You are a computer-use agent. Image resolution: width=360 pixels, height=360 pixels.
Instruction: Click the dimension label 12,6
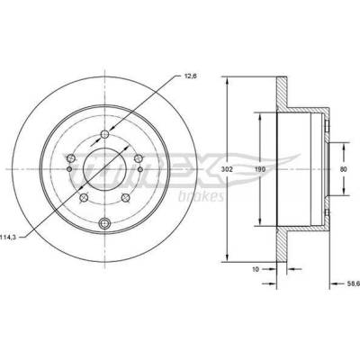pyautogui.click(x=189, y=76)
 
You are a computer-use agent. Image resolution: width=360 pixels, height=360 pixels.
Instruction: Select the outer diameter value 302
pyautogui.click(x=227, y=169)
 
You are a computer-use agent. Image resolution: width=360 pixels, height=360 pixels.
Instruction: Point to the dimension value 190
pyautogui.click(x=260, y=169)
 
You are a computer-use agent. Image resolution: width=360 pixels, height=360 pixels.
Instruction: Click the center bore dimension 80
pyautogui.click(x=344, y=169)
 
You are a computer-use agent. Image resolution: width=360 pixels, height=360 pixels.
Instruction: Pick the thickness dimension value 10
pyautogui.click(x=256, y=269)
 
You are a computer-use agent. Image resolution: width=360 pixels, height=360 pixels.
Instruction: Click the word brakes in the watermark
pyautogui.click(x=201, y=196)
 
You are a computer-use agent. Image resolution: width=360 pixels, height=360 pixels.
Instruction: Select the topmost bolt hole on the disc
pyautogui.click(x=104, y=134)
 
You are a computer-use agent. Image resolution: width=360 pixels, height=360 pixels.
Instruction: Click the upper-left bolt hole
pyautogui.click(x=71, y=157)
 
